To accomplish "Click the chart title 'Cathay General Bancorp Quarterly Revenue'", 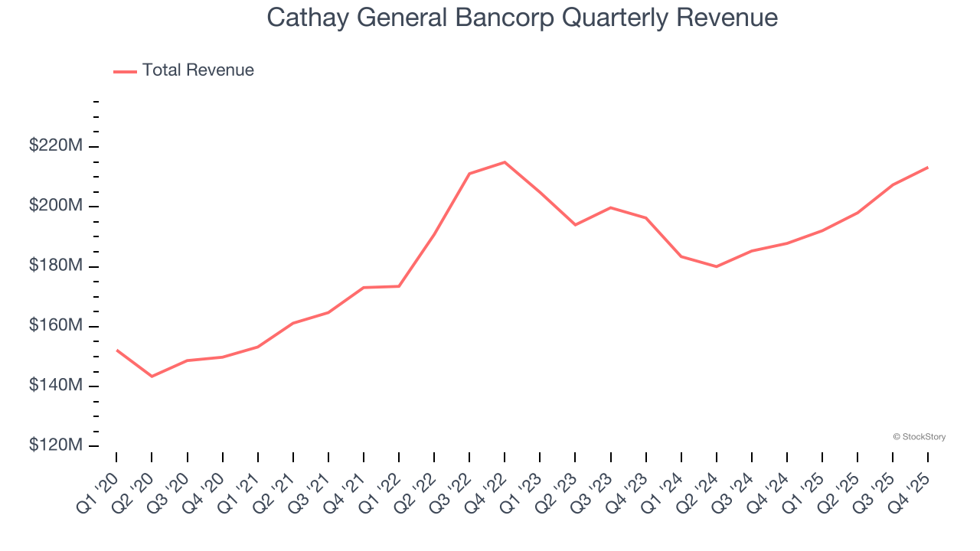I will point(522,18).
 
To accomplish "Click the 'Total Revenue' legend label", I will point(198,70).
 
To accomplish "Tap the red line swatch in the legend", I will point(125,71).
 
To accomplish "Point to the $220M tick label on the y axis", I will point(55,146).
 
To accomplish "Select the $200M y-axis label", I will point(55,206).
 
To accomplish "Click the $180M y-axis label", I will point(55,266).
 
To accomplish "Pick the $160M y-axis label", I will point(55,326).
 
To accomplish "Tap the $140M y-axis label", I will point(55,386).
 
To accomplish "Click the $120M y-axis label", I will point(55,445).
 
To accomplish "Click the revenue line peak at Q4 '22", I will point(505,162).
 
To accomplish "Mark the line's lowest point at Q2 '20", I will point(152,377).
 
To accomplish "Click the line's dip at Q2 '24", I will point(716,266).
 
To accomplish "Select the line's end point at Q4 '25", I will point(928,167).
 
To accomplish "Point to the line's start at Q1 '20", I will point(116,350).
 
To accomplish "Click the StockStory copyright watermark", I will point(919,437).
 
